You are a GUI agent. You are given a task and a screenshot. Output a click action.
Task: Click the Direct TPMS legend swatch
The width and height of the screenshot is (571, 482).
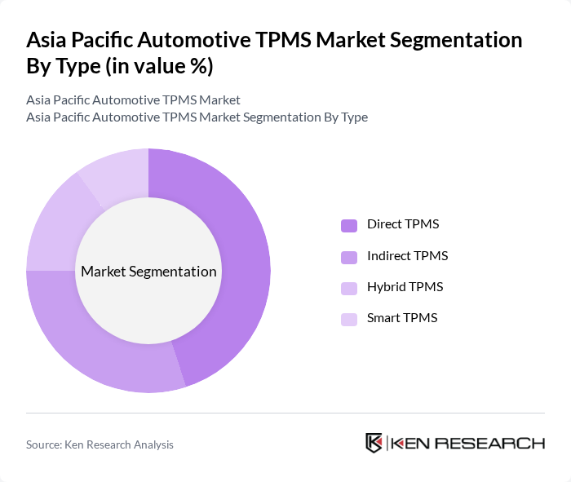click(x=349, y=225)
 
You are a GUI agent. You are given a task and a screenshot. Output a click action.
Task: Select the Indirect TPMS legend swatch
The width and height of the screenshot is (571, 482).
click(x=349, y=257)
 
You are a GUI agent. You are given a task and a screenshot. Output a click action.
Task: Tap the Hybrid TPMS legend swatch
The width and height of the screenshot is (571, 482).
click(x=349, y=288)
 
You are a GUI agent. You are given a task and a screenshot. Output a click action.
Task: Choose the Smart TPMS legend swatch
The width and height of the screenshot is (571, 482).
click(x=349, y=319)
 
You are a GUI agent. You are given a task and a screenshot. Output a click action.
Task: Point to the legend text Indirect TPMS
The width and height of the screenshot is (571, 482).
click(x=407, y=256)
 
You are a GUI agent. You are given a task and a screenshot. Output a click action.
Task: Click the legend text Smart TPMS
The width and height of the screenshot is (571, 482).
click(x=402, y=318)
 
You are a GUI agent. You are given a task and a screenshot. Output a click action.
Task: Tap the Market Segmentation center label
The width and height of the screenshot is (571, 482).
click(x=148, y=272)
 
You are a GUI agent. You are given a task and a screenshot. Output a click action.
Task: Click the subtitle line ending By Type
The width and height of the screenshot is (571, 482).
click(x=197, y=117)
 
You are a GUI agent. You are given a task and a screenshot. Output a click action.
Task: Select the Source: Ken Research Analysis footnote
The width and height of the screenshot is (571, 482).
click(x=100, y=444)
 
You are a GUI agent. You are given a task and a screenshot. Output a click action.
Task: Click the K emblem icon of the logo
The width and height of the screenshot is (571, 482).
click(x=374, y=443)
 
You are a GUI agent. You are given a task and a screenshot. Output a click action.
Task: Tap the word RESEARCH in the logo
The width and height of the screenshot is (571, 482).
click(x=498, y=444)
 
